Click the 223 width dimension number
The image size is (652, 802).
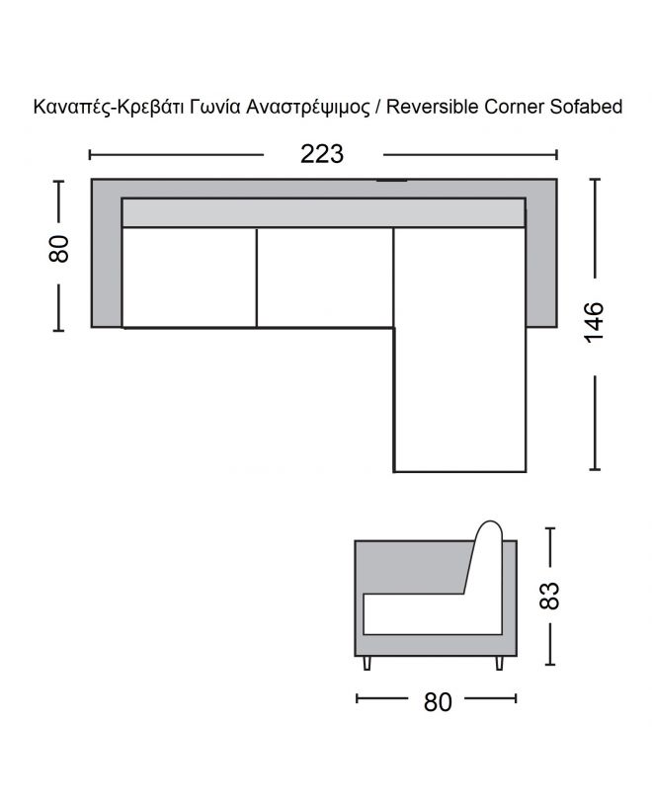point(322,154)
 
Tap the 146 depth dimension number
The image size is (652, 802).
point(594,322)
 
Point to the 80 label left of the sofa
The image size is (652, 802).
point(59,249)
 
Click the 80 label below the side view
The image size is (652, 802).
point(437,701)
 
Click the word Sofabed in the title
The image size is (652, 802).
point(583,107)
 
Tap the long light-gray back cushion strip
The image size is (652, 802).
point(322,212)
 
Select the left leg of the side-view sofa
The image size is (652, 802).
point(367,663)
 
